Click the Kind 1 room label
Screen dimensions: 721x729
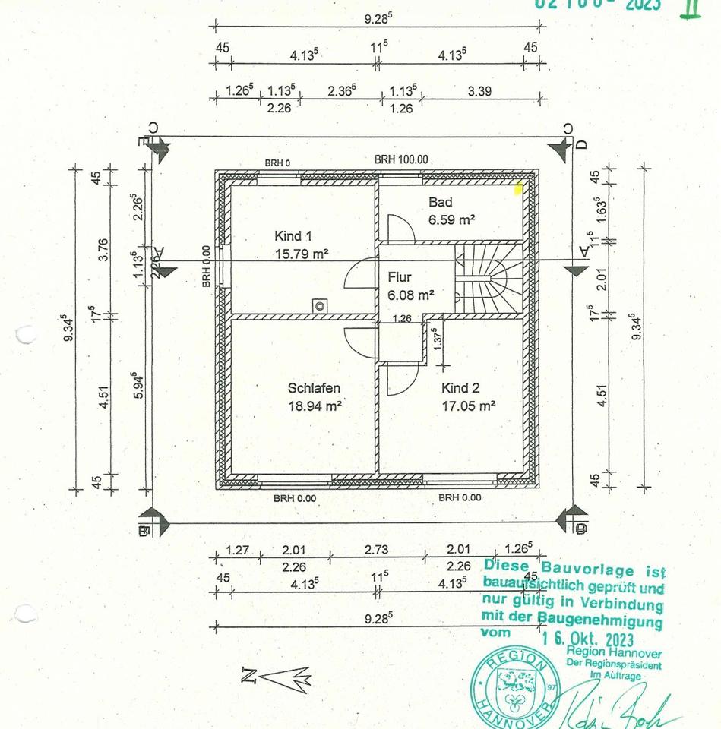pyautogui.click(x=293, y=236)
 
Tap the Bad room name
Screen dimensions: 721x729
pyautogui.click(x=440, y=202)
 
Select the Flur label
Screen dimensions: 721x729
pyautogui.click(x=400, y=277)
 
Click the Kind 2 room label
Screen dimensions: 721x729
pyautogui.click(x=461, y=388)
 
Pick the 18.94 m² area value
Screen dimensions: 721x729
pyautogui.click(x=314, y=406)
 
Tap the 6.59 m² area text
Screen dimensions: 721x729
pyautogui.click(x=451, y=219)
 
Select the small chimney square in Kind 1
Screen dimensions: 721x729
pyautogui.click(x=320, y=306)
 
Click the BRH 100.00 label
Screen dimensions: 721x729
pyautogui.click(x=401, y=159)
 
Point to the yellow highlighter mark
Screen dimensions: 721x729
pyautogui.click(x=519, y=189)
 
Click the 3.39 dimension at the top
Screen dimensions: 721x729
pyautogui.click(x=479, y=91)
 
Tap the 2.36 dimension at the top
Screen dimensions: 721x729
pyautogui.click(x=342, y=91)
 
